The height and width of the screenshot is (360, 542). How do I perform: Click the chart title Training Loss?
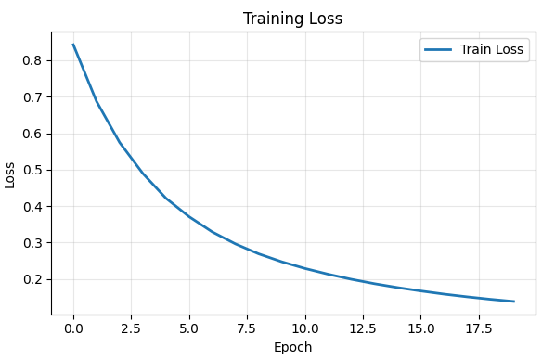pos(292,19)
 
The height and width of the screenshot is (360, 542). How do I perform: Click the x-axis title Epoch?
pos(292,347)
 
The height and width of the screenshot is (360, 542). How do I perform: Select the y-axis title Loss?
pos(10,174)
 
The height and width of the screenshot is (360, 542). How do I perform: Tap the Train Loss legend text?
pos(492,50)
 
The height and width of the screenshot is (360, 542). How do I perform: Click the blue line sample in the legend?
pos(439,50)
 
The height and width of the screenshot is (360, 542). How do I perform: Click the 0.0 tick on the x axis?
pos(73,328)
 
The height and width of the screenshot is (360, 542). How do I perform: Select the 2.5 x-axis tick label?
pos(131,328)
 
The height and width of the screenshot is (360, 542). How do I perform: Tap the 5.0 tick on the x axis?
pos(189,328)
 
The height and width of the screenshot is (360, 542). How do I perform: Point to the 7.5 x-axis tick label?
pos(247,328)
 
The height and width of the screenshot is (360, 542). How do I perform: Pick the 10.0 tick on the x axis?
pos(305,328)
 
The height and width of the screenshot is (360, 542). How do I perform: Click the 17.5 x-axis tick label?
pos(479,328)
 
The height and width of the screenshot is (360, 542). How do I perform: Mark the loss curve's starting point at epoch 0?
pos(73,45)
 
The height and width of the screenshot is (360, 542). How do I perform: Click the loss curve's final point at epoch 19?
pos(513,302)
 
